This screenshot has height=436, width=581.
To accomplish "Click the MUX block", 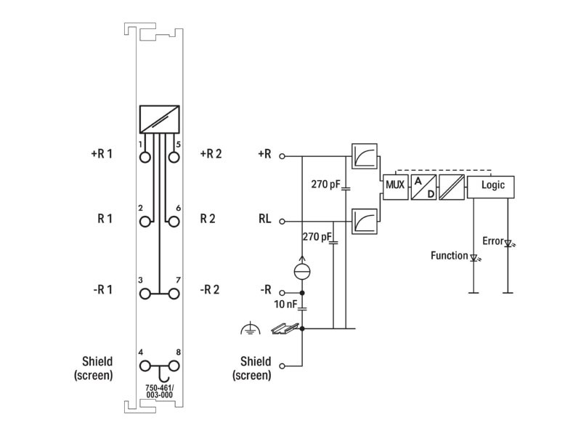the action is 395,187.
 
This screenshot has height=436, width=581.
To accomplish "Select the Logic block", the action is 491,187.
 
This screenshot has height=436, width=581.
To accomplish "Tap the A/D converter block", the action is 423,187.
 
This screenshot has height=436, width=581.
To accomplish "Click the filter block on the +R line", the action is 365,156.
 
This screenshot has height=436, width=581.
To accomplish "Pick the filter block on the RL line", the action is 365,222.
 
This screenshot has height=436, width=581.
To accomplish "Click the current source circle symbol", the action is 302,271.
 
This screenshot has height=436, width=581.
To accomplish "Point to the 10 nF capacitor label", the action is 285,304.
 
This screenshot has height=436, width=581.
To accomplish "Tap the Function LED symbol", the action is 474,257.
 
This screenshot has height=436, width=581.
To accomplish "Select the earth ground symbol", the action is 250,328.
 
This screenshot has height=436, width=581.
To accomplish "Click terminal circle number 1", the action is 145,157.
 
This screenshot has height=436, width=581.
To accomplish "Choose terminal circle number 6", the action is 174,222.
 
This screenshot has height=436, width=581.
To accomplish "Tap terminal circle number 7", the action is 174,294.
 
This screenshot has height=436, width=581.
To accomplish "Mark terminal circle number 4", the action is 145,366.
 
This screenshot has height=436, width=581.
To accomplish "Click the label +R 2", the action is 211,153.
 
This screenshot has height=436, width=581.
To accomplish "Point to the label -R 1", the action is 102,289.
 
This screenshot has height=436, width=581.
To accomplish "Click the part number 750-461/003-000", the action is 159,391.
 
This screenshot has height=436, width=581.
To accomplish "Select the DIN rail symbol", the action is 285,328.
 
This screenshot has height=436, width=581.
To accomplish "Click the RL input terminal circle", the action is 282,222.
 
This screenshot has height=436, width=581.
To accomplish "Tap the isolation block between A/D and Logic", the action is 452,187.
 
